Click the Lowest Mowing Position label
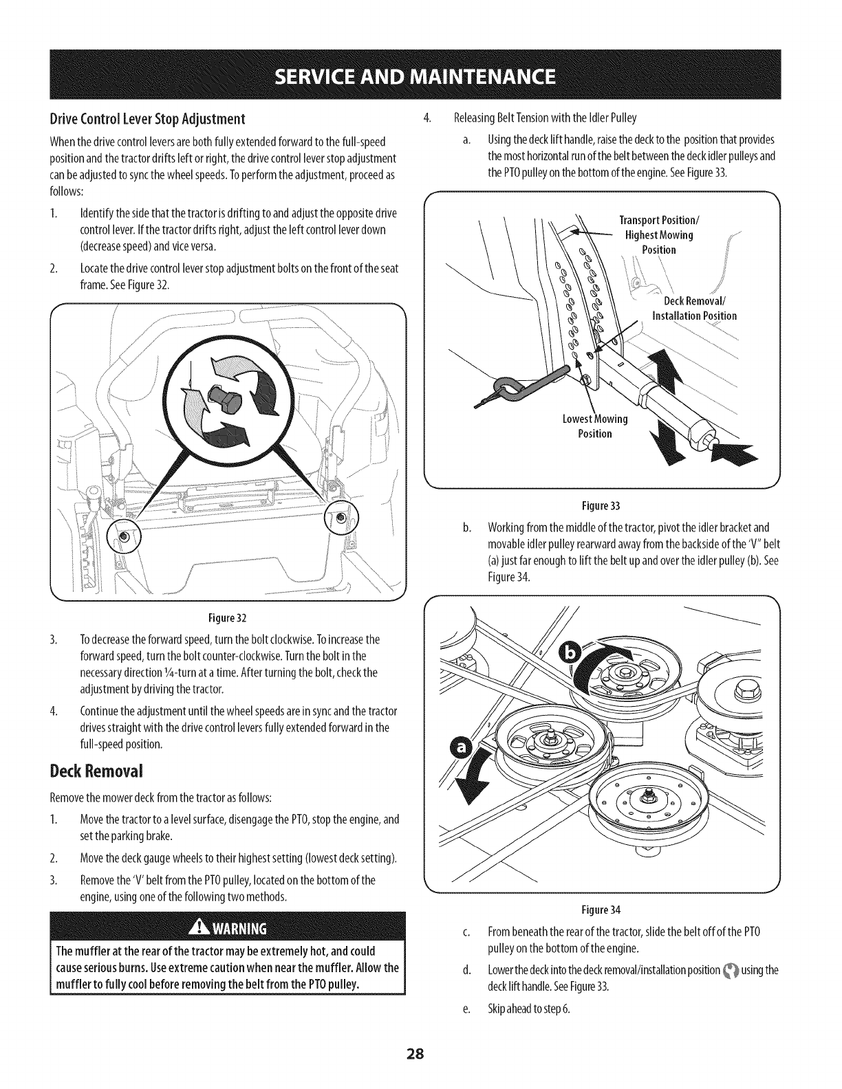coord(594,426)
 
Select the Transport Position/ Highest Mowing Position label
coord(658,234)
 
